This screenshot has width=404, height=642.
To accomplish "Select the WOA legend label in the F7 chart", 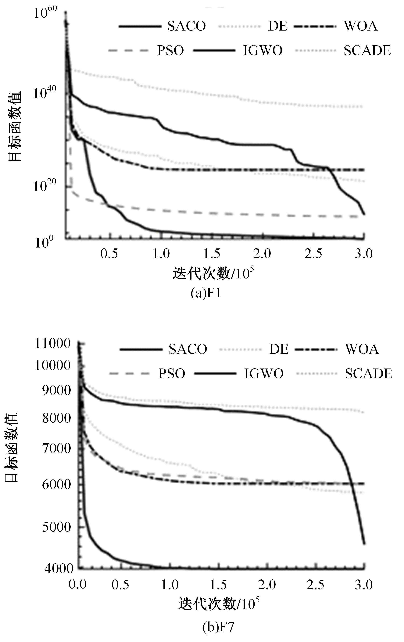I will (x=362, y=349).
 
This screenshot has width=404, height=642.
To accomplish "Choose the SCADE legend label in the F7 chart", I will (x=368, y=373).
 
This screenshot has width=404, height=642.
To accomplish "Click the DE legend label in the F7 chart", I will (x=279, y=349).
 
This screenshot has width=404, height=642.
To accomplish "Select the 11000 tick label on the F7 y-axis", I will (x=53, y=344).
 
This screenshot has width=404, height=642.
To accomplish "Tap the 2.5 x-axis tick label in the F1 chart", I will (x=313, y=254).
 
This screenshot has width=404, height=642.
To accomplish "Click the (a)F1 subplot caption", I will (x=206, y=294).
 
